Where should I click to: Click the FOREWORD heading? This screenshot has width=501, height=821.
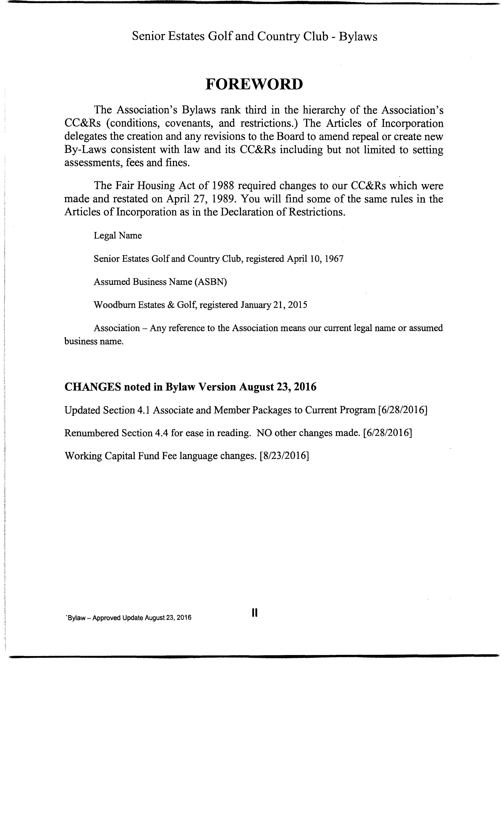254,84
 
